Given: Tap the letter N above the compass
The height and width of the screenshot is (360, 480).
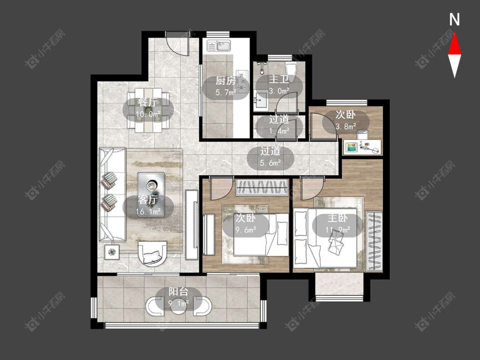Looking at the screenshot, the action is point(454,20).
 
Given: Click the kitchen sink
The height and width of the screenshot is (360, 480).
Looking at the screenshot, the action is point(219,46).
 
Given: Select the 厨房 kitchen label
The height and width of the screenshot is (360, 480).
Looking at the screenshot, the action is point(226,81).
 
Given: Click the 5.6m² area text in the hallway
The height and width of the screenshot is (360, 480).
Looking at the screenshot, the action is point(271,163).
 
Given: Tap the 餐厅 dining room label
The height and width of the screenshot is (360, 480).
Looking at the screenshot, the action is point(148,102).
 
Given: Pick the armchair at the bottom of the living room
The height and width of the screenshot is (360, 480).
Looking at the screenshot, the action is point(152,253).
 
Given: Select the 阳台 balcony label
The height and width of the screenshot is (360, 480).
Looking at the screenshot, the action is point(178,292).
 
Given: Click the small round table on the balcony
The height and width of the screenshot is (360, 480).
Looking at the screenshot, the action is point(179,306).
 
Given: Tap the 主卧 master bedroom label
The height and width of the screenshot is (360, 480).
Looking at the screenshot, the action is point(337,218).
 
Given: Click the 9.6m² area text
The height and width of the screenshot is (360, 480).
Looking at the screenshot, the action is point(245,229).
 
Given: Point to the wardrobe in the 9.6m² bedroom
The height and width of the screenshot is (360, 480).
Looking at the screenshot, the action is point(262,187).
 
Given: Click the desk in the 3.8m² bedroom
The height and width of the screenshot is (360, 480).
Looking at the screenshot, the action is point(363,147).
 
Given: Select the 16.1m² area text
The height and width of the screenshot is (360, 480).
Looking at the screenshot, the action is point(148,211).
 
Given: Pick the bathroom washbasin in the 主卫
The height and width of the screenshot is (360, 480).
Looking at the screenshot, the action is point(261,99).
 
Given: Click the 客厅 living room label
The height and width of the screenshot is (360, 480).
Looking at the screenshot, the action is point(148,200).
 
